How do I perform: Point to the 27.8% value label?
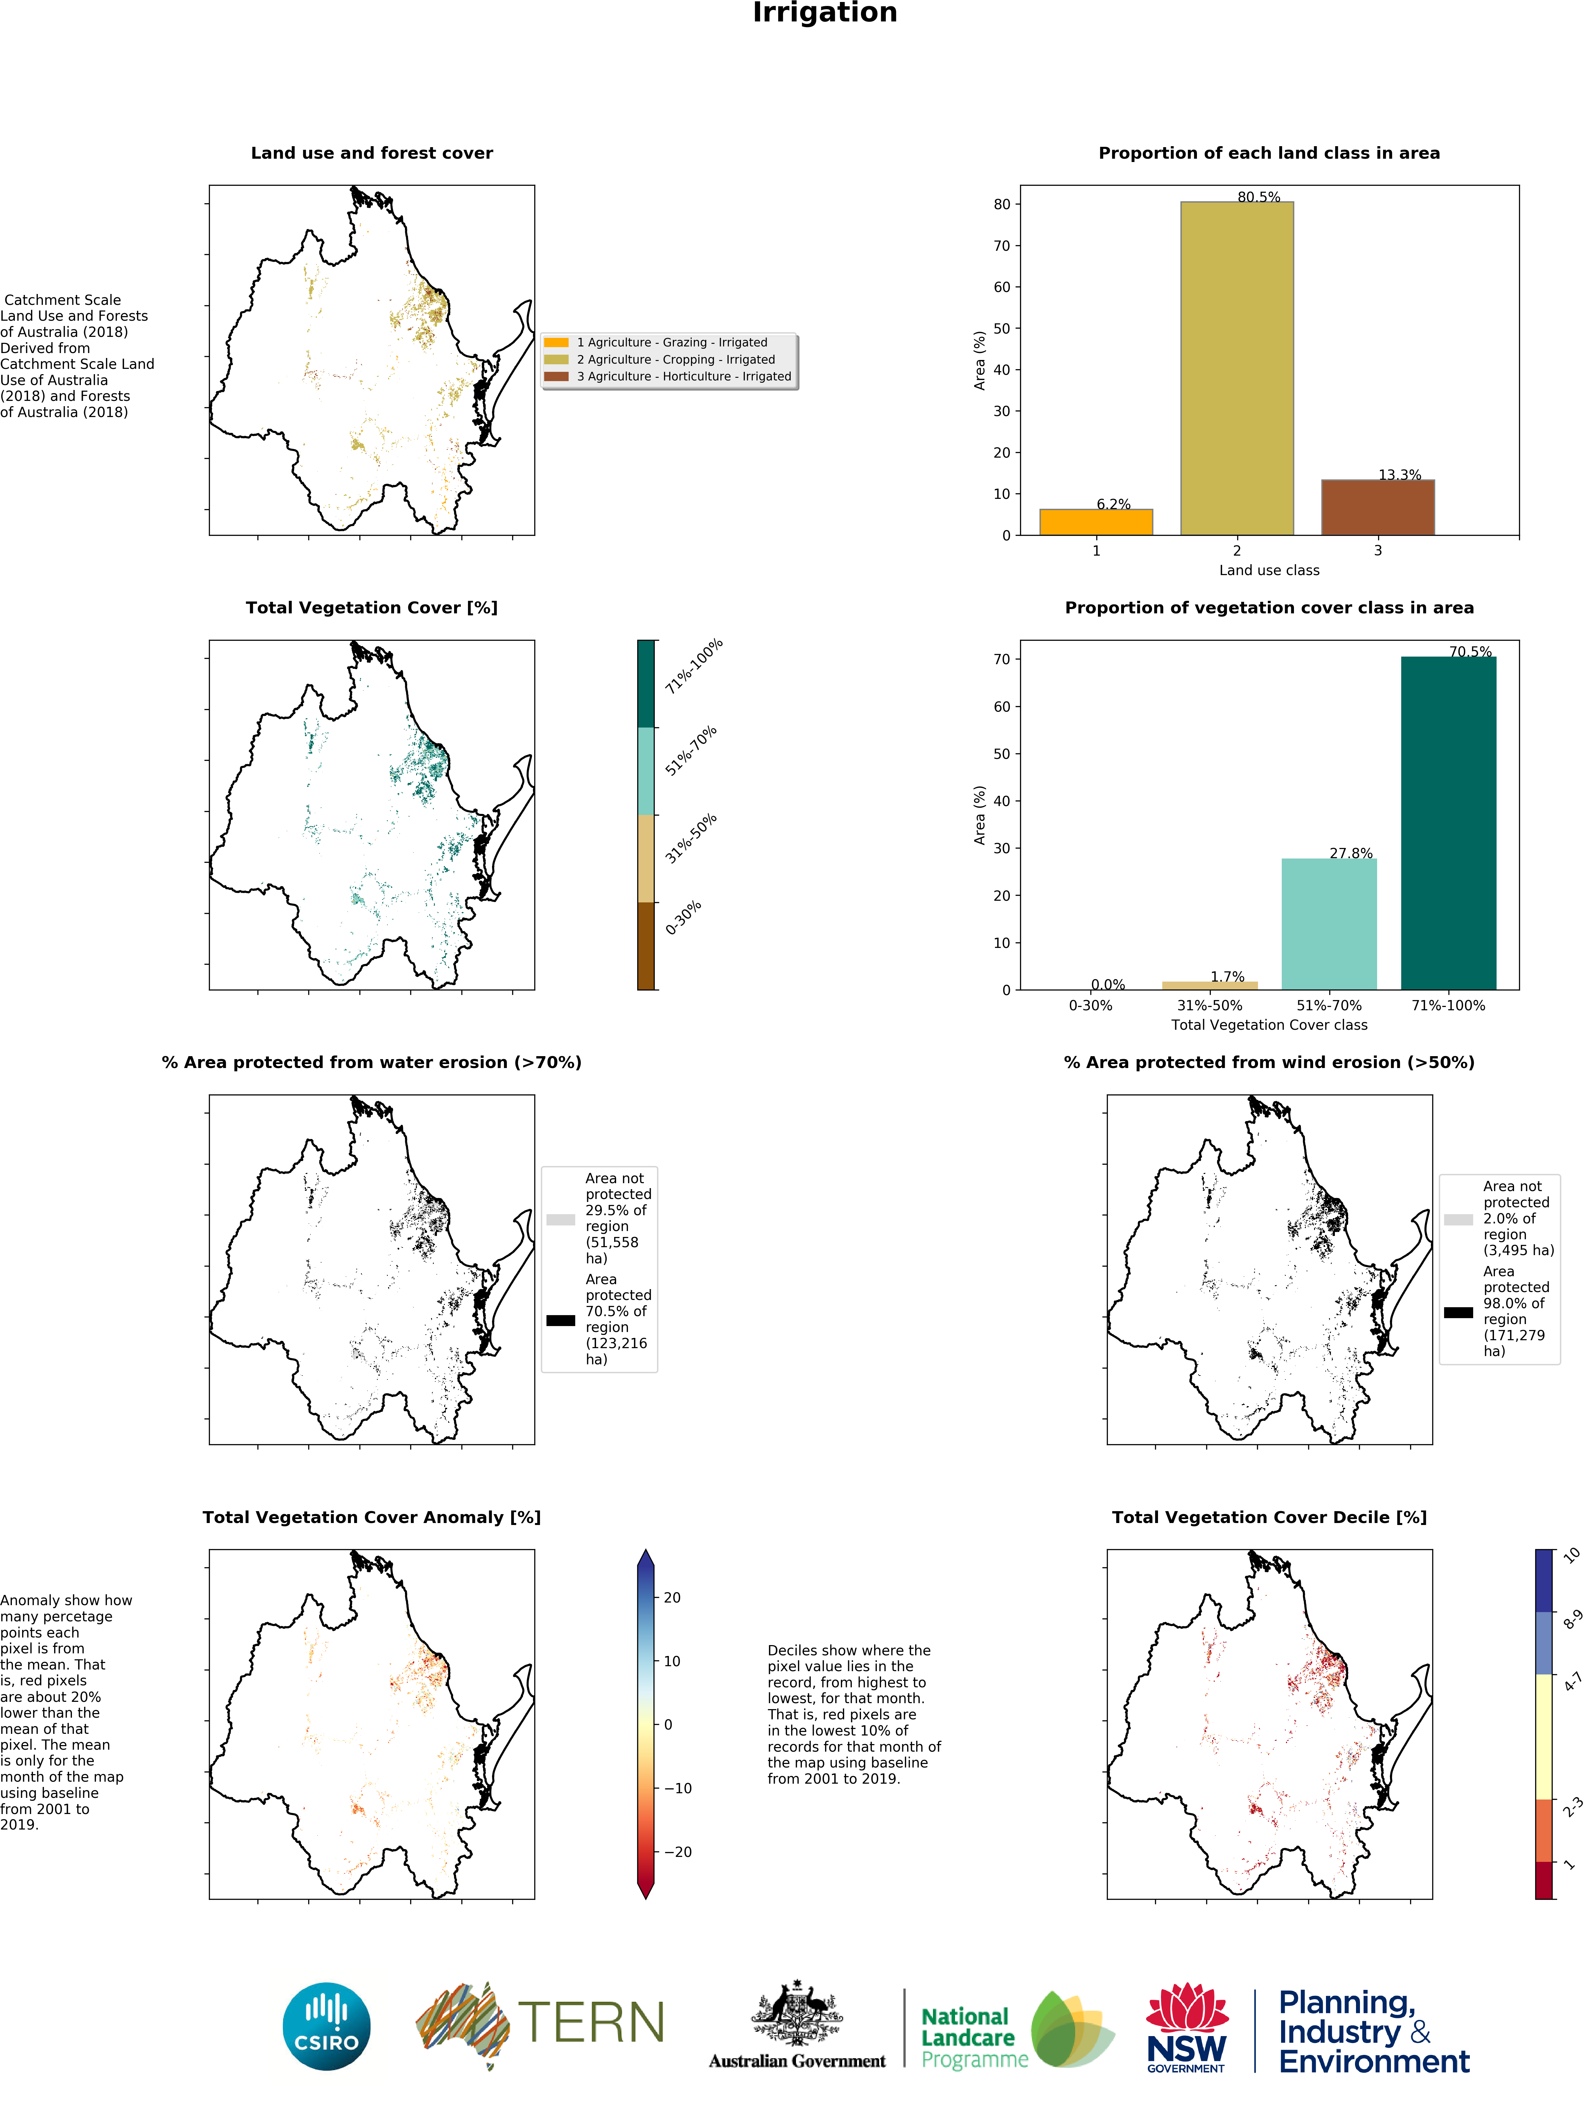1351,853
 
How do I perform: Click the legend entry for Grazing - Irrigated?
671,342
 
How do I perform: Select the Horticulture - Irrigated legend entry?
682,376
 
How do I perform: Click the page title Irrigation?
824,13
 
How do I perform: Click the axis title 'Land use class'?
1269,570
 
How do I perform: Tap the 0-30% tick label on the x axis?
1089,1005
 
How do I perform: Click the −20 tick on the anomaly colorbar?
677,1852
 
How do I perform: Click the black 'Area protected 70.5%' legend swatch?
560,1320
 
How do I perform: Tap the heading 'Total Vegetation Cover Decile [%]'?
1269,1517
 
